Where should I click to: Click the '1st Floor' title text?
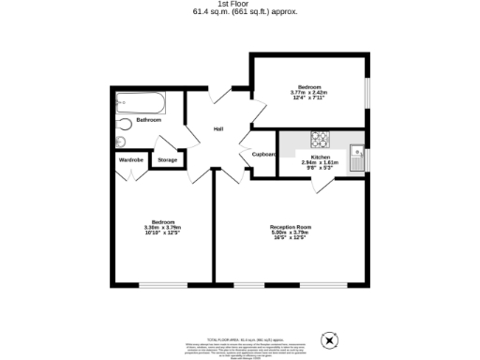pos(240,4)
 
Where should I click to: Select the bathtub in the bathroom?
pos(137,102)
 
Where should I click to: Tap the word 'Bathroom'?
pos(148,120)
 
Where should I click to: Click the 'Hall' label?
pos(217,128)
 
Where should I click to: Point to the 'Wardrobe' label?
pos(130,160)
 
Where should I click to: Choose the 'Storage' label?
pos(168,160)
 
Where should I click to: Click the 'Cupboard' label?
pos(263,154)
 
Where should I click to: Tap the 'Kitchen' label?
pos(321,157)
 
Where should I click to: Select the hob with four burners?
pos(321,139)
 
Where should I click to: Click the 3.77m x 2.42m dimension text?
pos(309,93)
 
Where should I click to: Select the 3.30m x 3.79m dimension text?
pos(162,228)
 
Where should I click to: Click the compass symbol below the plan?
pos(327,341)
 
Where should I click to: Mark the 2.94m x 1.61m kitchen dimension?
pos(321,162)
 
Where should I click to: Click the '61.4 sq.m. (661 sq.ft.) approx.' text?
pos(240,12)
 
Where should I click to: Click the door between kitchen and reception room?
pos(322,184)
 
